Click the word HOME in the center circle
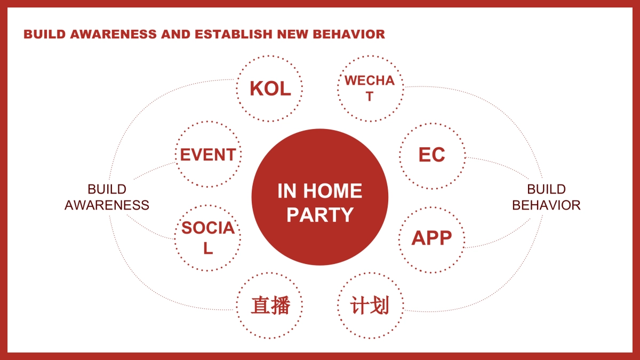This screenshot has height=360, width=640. [333, 191]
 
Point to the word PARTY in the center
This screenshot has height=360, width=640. [320, 214]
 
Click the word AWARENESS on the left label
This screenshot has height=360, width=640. [107, 205]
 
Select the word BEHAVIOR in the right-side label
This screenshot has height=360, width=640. [546, 205]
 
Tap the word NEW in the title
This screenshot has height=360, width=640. [293, 34]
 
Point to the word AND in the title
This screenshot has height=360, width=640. [175, 34]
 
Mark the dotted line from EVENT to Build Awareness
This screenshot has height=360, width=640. [154, 170]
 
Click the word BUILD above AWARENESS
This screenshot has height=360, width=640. [107, 189]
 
